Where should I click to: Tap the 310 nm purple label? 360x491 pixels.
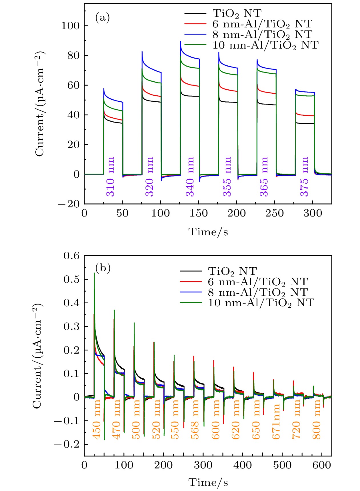110,177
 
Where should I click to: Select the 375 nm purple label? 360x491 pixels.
305,177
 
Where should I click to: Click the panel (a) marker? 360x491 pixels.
102,18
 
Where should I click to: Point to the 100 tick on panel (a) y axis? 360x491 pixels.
70,26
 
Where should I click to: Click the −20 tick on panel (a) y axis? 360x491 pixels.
69,204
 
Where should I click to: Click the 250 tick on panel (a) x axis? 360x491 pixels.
275,213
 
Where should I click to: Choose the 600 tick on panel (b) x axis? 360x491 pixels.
322,465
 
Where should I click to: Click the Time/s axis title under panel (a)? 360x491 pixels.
208,232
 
